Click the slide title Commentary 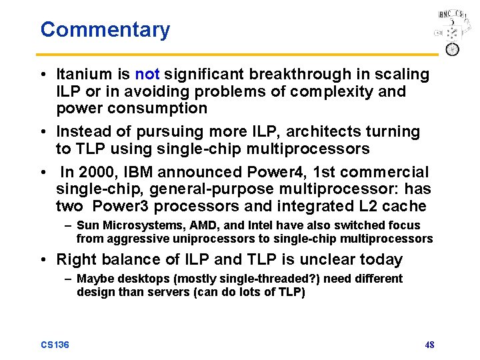pos(105,30)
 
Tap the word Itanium pos(84,74)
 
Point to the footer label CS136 pos(55,345)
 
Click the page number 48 pos(429,345)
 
